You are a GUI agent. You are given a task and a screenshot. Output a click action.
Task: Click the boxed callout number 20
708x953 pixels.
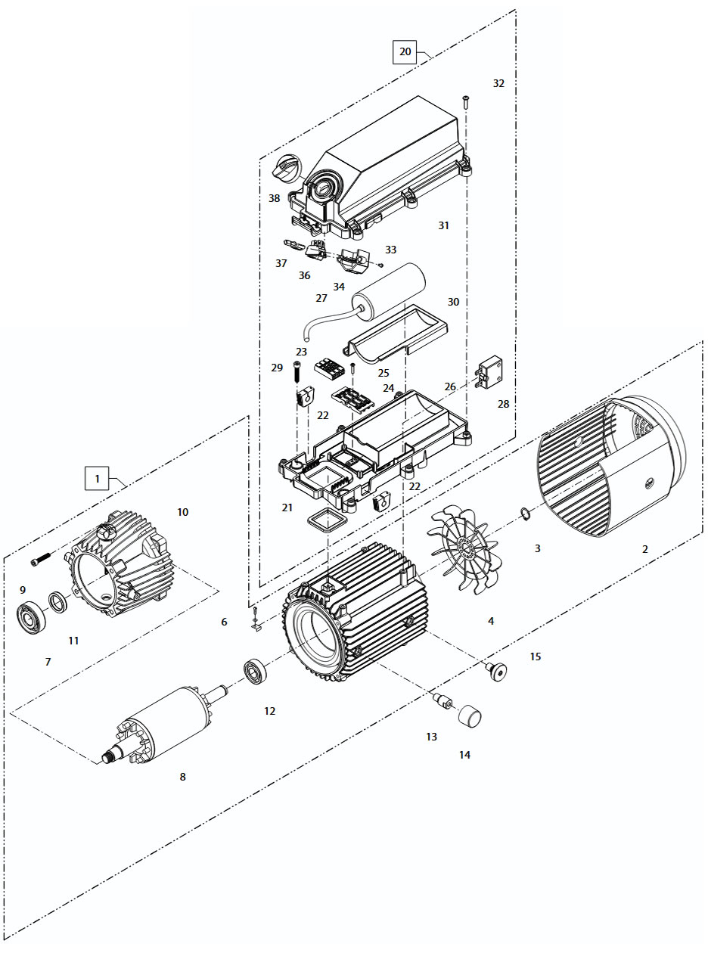tap(405, 51)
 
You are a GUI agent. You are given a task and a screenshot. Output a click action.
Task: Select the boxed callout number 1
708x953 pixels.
tap(97, 479)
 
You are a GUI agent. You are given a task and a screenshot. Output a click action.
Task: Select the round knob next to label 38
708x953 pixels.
tap(287, 168)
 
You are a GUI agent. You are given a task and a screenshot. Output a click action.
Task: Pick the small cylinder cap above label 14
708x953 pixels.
tap(470, 714)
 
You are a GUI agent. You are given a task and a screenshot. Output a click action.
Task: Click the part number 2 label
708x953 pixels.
tap(644, 548)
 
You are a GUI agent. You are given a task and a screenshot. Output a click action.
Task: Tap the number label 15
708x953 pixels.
tap(536, 657)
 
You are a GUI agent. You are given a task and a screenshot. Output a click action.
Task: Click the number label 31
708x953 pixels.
tap(444, 225)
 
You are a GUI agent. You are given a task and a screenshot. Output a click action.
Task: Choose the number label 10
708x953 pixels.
tap(183, 512)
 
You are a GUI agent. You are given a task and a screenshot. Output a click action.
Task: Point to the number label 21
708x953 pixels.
tap(287, 508)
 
